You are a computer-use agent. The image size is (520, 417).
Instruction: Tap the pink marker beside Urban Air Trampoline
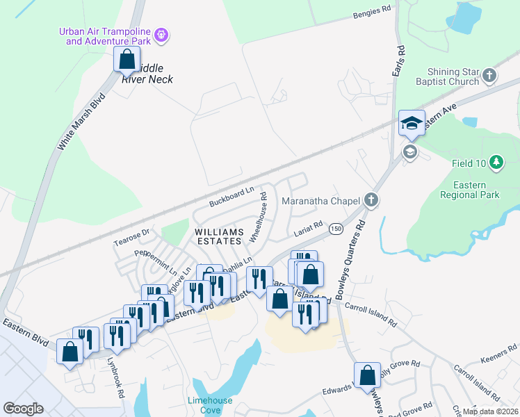click(161, 34)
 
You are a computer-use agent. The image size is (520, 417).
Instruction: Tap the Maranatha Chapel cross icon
click(371, 201)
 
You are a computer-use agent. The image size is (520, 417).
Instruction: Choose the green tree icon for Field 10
click(496, 163)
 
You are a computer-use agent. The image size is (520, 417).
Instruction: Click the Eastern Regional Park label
click(469, 190)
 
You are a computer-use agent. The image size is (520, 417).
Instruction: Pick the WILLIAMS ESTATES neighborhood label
click(219, 236)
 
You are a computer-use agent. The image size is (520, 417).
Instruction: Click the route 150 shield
click(336, 229)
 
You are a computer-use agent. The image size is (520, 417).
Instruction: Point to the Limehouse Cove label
click(209, 405)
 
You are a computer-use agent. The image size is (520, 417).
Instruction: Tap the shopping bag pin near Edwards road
click(367, 376)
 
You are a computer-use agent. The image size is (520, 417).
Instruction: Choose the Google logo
click(23, 408)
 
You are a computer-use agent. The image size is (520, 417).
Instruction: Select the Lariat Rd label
click(308, 227)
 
